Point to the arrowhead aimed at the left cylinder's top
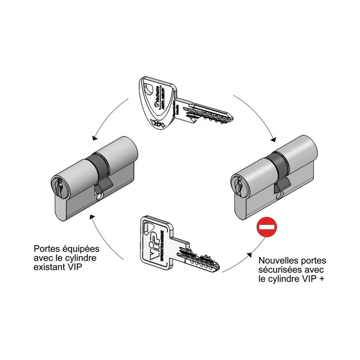[93, 138]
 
